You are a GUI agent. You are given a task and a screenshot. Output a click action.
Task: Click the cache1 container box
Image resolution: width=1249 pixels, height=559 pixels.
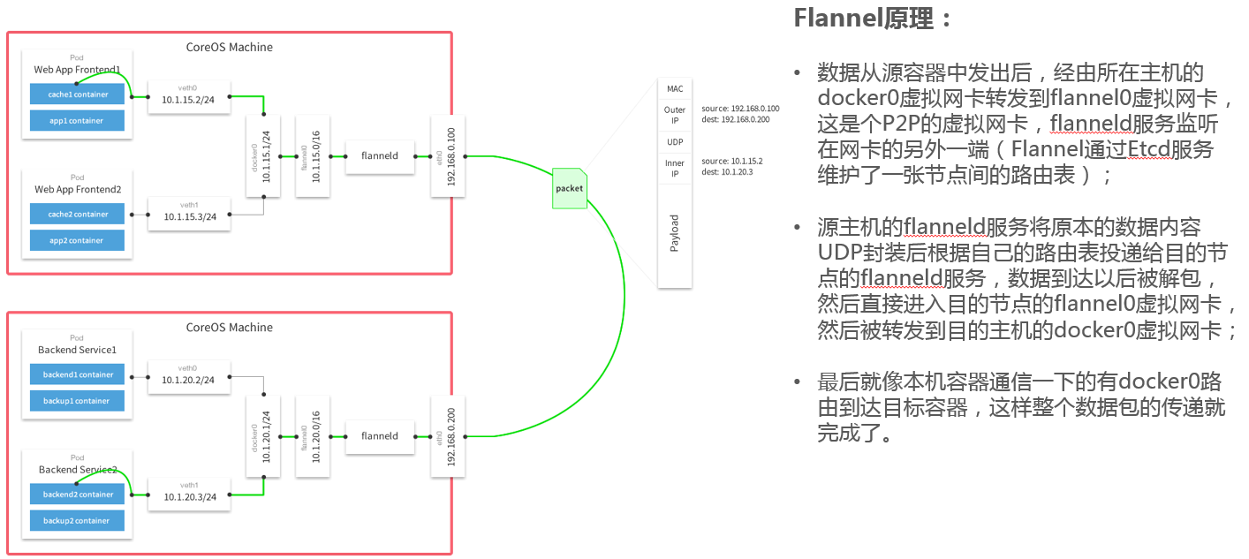(77, 94)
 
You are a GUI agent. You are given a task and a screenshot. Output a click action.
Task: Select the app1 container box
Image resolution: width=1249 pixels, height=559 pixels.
(77, 120)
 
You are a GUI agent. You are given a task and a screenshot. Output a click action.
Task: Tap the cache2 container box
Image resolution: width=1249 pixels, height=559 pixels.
(77, 214)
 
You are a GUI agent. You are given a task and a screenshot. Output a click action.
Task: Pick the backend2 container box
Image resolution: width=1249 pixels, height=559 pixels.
(77, 495)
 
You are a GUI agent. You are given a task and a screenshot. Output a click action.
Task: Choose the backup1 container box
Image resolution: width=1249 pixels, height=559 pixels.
(77, 401)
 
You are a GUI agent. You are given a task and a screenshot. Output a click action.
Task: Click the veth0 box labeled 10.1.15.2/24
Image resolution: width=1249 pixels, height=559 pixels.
(189, 97)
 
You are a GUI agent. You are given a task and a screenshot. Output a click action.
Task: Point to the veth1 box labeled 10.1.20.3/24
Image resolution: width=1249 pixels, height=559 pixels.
(189, 495)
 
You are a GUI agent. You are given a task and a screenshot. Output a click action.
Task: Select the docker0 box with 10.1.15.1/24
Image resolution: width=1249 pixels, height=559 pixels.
(263, 156)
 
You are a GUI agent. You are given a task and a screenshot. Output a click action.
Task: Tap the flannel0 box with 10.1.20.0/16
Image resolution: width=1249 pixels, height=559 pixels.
(313, 436)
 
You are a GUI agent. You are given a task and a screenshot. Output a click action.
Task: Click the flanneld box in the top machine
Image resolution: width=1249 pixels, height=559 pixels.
(380, 156)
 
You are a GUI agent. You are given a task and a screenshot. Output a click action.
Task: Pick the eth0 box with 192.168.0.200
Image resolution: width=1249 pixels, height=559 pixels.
(448, 436)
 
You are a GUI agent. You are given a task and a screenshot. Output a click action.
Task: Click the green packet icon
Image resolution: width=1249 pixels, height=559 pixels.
(570, 188)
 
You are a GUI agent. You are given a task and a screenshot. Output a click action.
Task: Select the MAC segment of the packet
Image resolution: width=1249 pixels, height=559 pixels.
(675, 88)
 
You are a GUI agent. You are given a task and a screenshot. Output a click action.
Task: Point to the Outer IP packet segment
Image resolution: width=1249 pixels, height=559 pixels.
(675, 116)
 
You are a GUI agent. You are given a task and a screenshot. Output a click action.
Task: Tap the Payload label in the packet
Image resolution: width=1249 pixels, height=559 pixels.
(675, 233)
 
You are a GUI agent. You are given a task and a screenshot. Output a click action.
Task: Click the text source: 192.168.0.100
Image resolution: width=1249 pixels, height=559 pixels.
(740, 109)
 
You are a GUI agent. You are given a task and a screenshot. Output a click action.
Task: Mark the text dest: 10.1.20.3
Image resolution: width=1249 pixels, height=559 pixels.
(727, 172)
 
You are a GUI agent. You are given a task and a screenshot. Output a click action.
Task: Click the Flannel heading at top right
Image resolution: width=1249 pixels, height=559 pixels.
(872, 19)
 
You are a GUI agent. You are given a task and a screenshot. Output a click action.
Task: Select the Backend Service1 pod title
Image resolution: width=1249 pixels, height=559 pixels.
(78, 350)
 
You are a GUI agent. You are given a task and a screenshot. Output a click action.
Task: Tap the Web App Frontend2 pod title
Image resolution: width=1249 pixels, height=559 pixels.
(78, 190)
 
